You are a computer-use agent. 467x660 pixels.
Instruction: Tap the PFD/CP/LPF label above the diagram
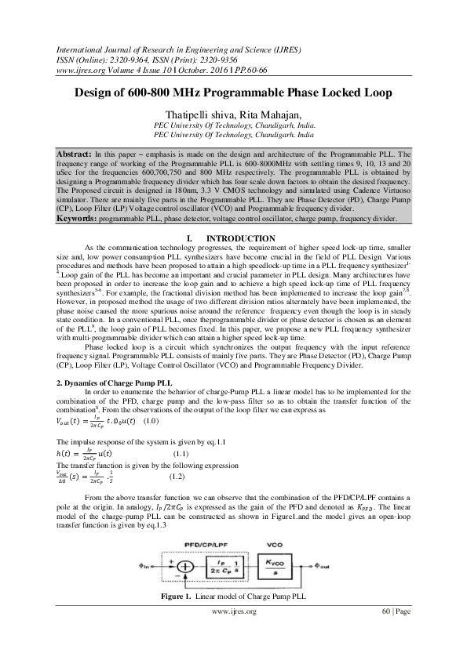point(206,542)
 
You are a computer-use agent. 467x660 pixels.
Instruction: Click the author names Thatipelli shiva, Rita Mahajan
point(233,114)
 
